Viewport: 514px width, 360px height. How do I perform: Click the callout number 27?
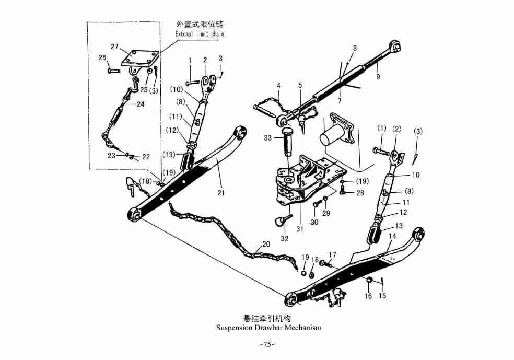pyautogui.click(x=114, y=47)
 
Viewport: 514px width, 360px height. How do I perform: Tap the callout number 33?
pyautogui.click(x=268, y=138)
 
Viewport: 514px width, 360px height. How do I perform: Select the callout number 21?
pyautogui.click(x=221, y=193)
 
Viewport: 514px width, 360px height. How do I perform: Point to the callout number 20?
pyautogui.click(x=266, y=244)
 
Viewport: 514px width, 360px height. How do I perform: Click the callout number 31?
pyautogui.click(x=299, y=228)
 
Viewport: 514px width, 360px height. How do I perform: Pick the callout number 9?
pyautogui.click(x=378, y=77)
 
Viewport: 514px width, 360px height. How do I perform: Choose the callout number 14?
pyautogui.click(x=393, y=236)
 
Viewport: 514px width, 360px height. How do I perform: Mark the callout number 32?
pyautogui.click(x=285, y=239)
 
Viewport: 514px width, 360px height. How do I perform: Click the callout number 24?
pyautogui.click(x=140, y=104)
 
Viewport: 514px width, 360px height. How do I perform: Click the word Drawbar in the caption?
pyautogui.click(x=272, y=328)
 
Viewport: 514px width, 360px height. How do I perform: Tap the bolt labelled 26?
pyautogui.click(x=114, y=71)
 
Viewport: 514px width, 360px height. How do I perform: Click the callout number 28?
pyautogui.click(x=360, y=193)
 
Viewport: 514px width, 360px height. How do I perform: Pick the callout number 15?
pyautogui.click(x=382, y=296)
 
